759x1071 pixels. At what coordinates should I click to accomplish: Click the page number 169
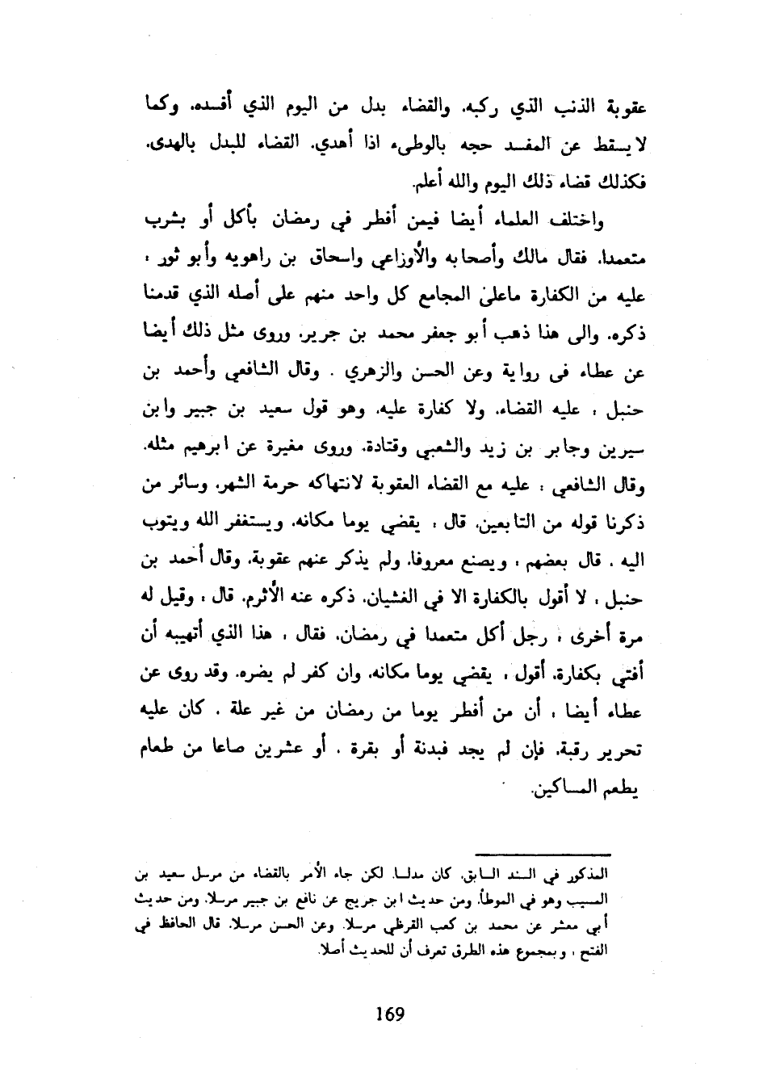[x=390, y=1013]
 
